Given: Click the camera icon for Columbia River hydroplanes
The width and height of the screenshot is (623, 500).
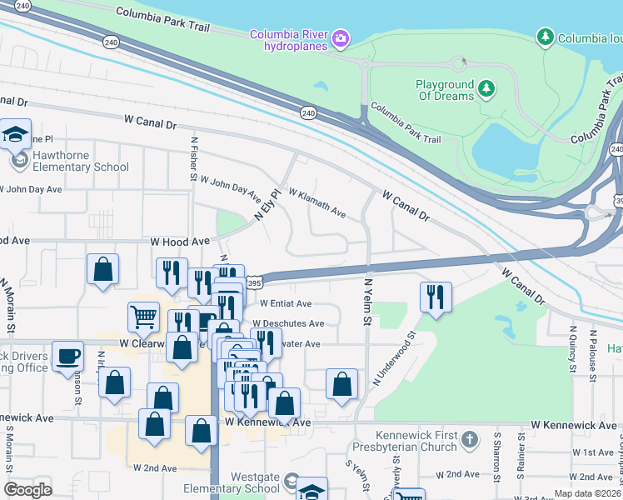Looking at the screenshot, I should coord(340,39).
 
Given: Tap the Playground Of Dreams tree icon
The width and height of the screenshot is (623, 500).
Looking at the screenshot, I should coord(486,87).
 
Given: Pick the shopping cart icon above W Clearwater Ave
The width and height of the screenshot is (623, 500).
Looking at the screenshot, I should coord(143,316).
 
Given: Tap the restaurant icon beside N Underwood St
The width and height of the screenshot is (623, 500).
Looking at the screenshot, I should coord(436,297).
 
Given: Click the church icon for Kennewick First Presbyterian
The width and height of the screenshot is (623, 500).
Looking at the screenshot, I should coord(470,438).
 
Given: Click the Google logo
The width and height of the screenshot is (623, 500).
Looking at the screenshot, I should coord(27,490).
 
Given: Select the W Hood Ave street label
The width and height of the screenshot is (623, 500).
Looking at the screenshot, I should coord(180,241).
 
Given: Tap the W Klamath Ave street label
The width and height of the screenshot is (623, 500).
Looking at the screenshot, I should coord(316,202).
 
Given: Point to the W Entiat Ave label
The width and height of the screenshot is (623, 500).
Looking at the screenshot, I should coord(286,304).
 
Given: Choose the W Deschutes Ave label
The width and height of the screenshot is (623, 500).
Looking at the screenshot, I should coord(288,323).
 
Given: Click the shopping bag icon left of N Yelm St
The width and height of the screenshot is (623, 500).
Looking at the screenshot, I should coord(341,384).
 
